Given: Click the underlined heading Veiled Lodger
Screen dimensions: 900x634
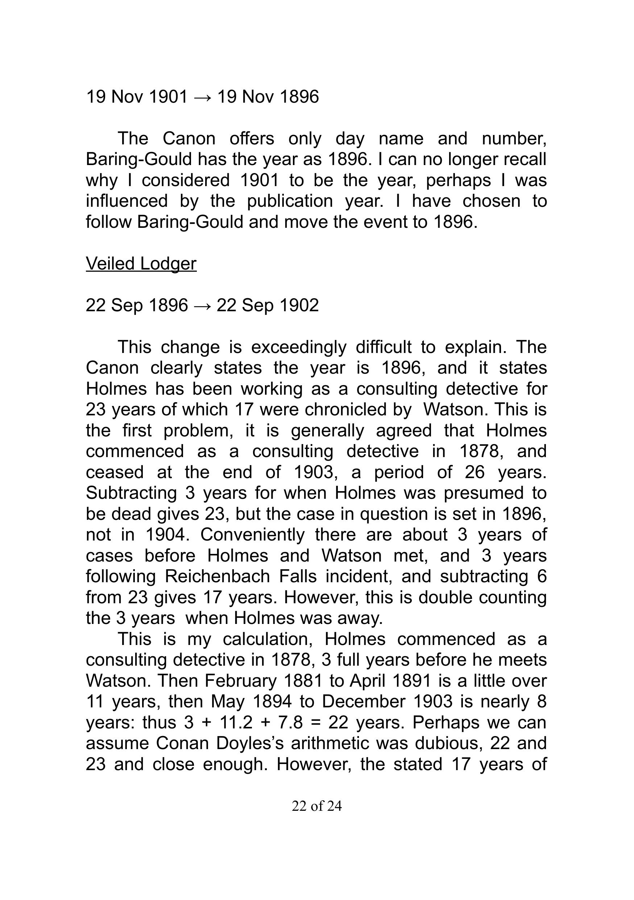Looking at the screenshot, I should tap(141, 264).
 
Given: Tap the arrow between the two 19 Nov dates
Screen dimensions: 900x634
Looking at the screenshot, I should tap(203, 97).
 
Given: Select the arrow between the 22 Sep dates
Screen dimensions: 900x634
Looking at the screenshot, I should tap(203, 305).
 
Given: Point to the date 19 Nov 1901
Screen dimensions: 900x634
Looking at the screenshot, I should tap(137, 97).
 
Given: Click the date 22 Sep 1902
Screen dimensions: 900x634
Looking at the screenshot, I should tap(268, 305).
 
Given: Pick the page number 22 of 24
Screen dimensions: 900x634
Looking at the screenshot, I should tap(316, 806).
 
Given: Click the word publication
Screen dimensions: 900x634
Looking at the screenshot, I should tap(290, 201).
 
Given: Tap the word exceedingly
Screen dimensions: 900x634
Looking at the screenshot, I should tap(299, 347).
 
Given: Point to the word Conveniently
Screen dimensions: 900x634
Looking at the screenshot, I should tap(252, 535).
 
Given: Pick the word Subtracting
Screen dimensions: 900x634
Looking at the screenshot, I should tap(131, 493).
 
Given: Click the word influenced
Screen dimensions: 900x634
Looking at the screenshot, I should tap(127, 201).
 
